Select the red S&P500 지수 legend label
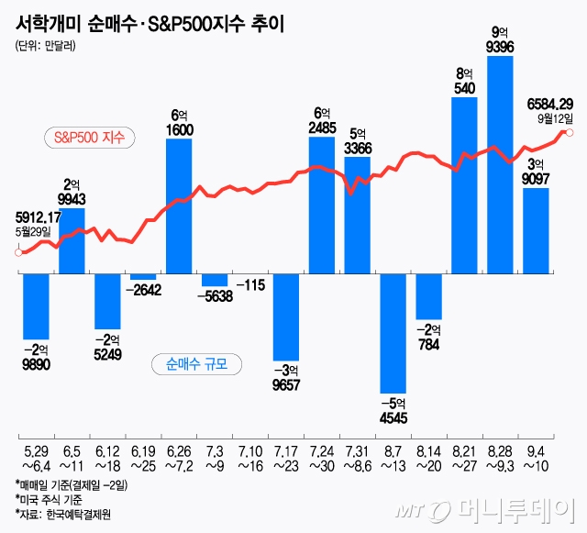tap(90, 139)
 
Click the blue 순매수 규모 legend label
tap(196, 363)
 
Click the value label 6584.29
tap(550, 104)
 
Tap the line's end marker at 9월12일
tap(570, 133)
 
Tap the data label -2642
tap(142, 291)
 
